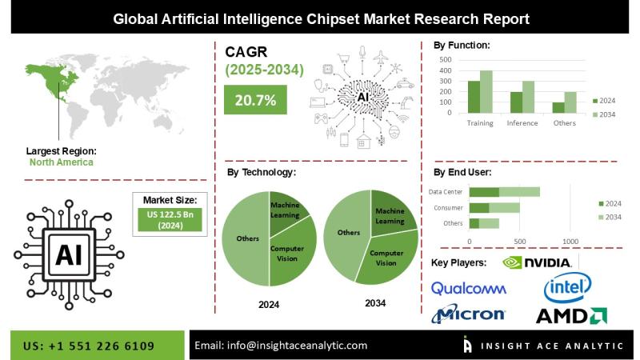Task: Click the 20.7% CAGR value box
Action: (254, 100)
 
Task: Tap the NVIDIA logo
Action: (537, 262)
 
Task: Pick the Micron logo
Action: (468, 314)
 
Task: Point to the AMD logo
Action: (570, 315)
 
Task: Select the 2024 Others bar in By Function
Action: (558, 108)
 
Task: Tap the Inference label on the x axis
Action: (522, 123)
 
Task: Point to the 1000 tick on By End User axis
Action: (570, 241)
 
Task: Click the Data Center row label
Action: (446, 191)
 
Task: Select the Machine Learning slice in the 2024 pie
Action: (285, 214)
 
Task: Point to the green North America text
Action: (61, 162)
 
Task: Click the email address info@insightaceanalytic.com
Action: (282, 346)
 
